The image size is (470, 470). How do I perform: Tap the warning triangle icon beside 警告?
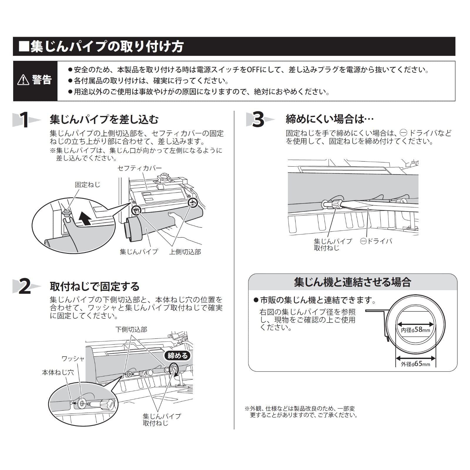coord(23,80)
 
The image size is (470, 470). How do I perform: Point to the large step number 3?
coord(258,120)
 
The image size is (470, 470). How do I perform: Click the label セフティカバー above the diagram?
coord(140,168)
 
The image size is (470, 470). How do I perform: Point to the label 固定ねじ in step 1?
coord(88,184)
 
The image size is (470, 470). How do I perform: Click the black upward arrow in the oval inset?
coord(86,219)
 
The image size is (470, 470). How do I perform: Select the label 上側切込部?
coord(185,252)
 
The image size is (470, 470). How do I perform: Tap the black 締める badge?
coord(177,356)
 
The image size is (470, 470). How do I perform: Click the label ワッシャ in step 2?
coord(73,358)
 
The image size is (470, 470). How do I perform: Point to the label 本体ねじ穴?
coord(58,372)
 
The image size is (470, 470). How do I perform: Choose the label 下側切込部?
coord(131,329)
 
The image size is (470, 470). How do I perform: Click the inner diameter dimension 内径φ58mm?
coord(415,330)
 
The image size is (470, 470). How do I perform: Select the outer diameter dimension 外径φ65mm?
coord(415,364)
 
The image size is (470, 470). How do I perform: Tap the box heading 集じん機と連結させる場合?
coord(352,282)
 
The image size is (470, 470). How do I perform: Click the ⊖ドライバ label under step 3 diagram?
coord(376,241)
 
